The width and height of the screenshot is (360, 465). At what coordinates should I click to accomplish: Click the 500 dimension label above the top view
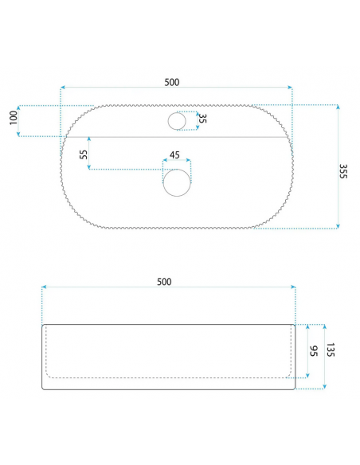tap(172, 82)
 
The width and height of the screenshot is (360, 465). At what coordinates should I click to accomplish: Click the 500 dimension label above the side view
tap(164, 281)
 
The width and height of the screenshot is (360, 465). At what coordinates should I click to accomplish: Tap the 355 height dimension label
tap(342, 171)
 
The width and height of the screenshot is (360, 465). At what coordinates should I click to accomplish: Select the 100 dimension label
tap(14, 118)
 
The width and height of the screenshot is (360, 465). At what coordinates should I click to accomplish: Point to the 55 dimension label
tap(84, 154)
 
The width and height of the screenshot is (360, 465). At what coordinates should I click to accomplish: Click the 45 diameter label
tap(174, 154)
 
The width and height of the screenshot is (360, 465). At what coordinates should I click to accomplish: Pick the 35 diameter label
tap(202, 119)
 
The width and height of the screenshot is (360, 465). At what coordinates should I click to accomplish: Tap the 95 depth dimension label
tap(314, 351)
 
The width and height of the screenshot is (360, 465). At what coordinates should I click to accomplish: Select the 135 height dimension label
tap(331, 350)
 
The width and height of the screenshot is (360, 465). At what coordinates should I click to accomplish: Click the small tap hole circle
tap(168, 121)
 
